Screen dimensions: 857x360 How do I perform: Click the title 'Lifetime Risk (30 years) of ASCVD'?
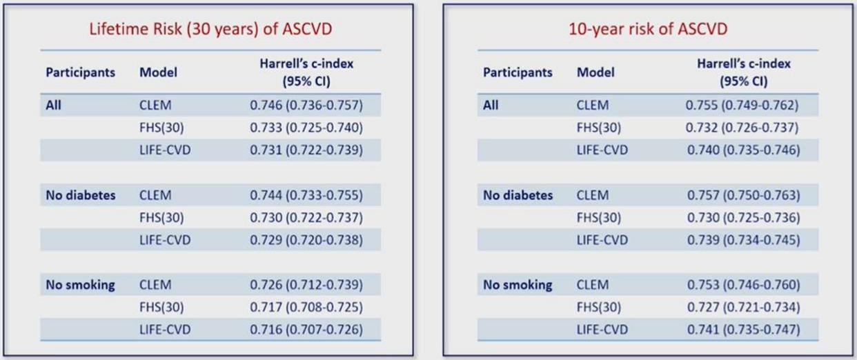tap(210, 30)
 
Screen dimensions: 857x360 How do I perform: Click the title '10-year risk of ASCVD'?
tap(648, 30)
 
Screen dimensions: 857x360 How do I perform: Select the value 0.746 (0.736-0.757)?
tap(306, 106)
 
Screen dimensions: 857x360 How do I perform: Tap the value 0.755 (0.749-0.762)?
tap(742, 106)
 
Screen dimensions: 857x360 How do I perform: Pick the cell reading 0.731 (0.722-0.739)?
tap(306, 150)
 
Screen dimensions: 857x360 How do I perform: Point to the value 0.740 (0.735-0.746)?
tap(744, 150)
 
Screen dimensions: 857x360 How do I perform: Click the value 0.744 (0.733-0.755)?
tap(306, 195)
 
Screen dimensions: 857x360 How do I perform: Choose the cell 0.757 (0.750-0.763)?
tap(744, 195)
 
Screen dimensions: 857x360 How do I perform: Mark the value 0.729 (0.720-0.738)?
tap(306, 240)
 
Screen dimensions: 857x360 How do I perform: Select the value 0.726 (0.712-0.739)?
tap(306, 285)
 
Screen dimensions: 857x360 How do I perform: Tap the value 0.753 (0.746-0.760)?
tap(744, 285)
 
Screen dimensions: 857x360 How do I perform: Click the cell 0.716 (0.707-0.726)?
tap(306, 330)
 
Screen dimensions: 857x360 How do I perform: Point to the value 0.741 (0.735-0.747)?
tap(744, 330)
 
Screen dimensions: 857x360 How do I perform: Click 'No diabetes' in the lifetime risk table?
tap(80, 195)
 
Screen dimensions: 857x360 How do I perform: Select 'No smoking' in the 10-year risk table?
tap(518, 285)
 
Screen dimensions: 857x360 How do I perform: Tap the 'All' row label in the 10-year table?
tap(491, 106)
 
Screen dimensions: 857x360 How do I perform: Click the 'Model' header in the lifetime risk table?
tap(158, 72)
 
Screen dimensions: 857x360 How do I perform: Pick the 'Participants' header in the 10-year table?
tap(518, 72)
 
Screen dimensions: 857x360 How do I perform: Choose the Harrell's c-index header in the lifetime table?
tap(306, 72)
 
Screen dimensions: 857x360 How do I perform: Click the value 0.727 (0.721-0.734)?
tap(744, 307)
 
